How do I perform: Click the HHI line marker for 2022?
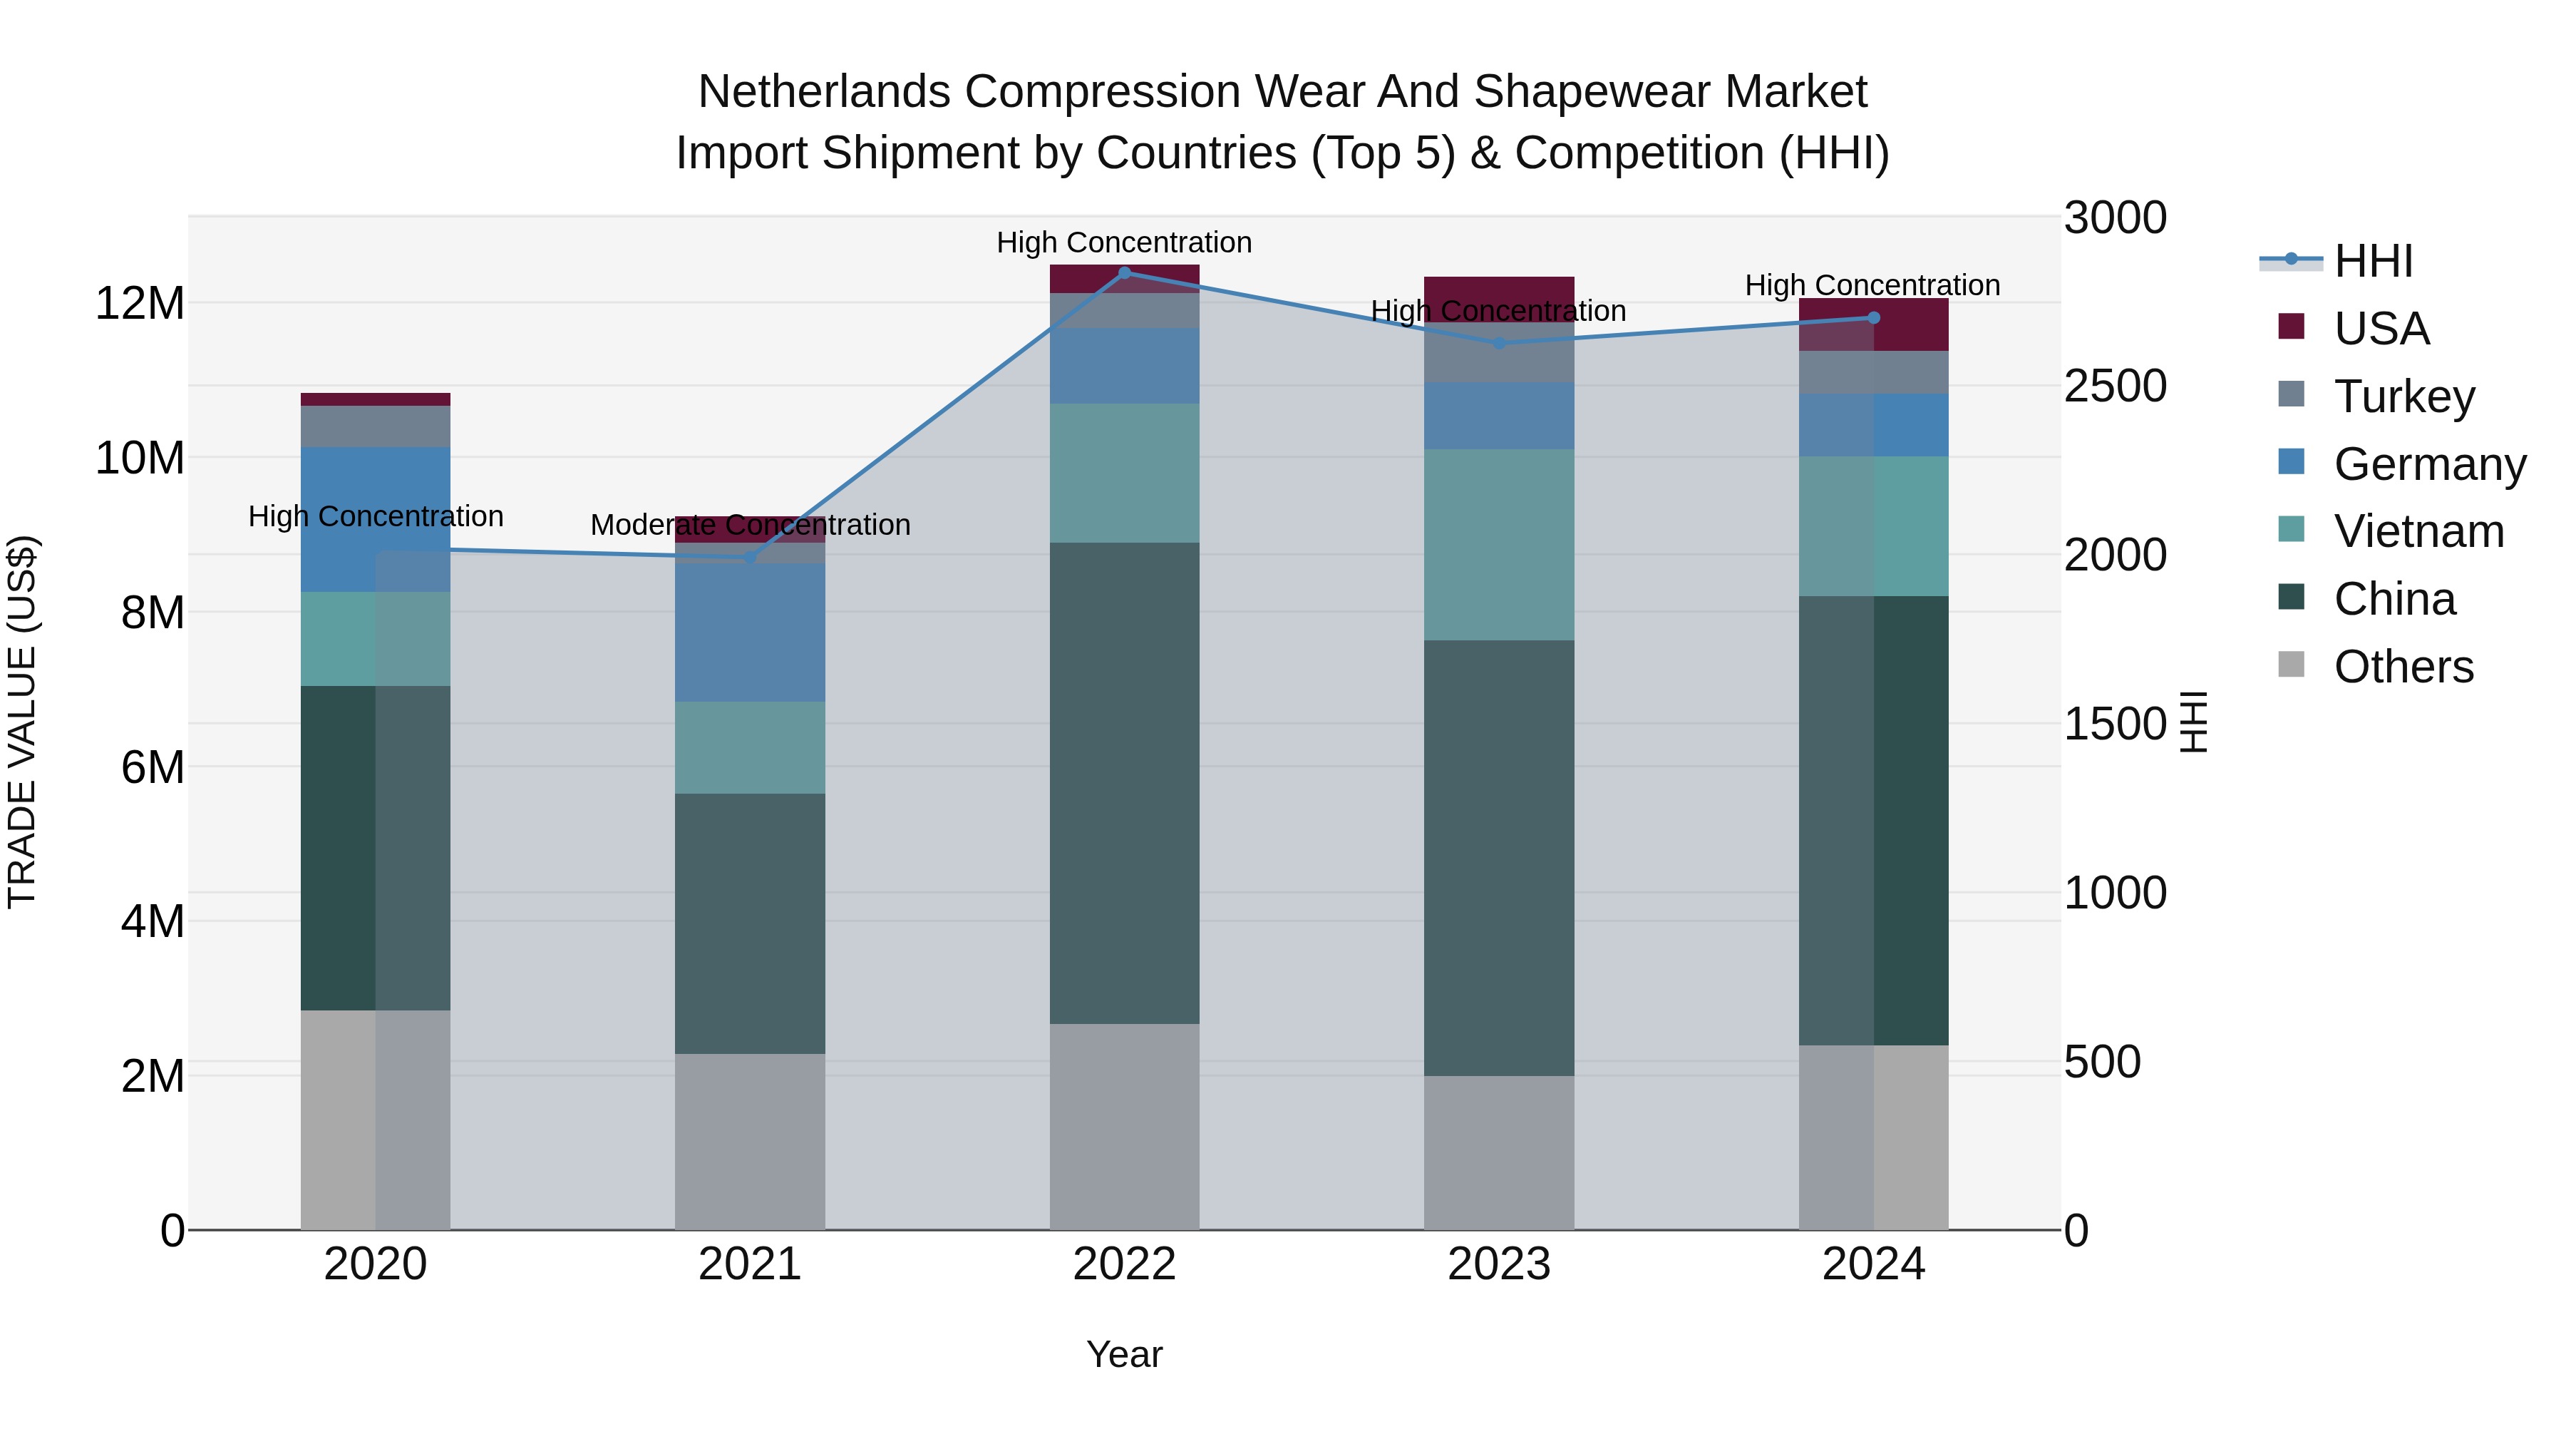pos(1125,272)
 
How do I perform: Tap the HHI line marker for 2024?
pos(1872,318)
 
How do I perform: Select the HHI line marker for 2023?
pos(1499,343)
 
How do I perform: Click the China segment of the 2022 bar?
pos(1125,782)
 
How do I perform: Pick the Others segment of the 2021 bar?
pos(750,1141)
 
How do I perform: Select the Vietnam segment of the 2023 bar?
pos(1499,544)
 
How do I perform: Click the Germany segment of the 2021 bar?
pos(750,632)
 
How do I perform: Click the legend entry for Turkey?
pos(2403,396)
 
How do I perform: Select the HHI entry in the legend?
pos(2373,261)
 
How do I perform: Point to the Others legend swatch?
pos(2291,665)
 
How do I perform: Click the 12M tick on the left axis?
pos(140,303)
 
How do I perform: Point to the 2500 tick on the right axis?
pos(2115,386)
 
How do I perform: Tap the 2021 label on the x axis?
pos(750,1264)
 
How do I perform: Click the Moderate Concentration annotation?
pos(750,524)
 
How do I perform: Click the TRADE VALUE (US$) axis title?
pos(22,722)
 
